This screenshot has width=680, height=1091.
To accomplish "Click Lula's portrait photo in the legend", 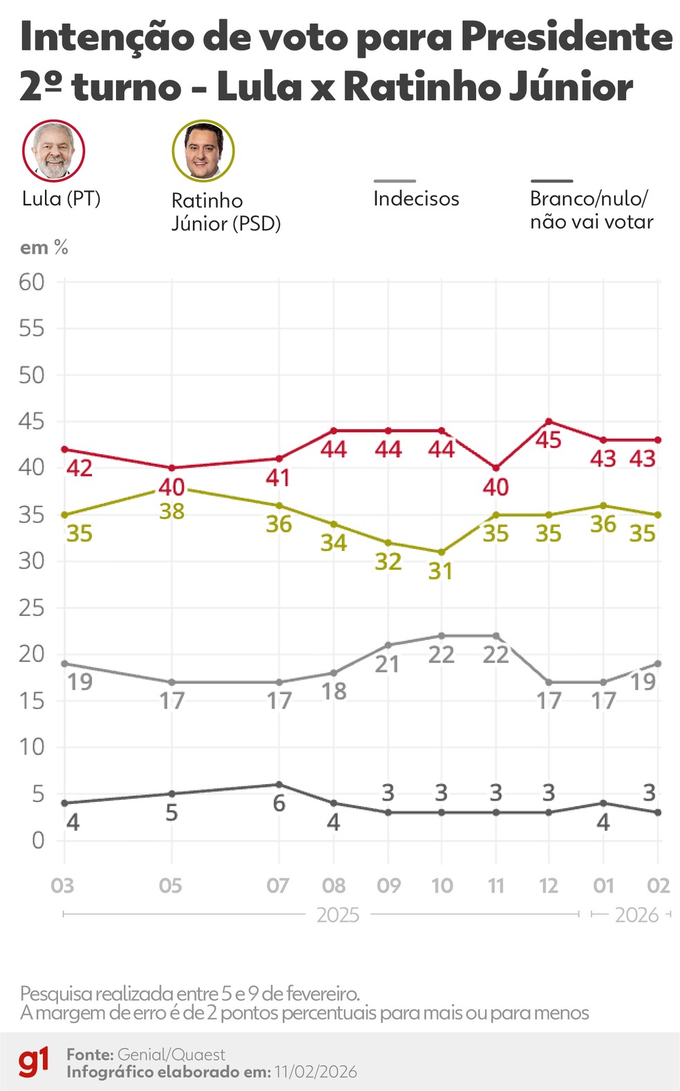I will coord(53,151).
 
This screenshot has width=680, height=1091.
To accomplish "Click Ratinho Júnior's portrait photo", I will coord(203,151).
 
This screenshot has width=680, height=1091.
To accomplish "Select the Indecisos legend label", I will coord(416,198).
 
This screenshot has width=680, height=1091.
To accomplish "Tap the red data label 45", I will coord(549,440).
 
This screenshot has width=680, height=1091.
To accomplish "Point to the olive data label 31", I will coord(440,571).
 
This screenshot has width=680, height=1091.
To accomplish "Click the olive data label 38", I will coord(171,512).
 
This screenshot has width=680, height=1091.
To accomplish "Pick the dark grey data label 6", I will coord(278,803).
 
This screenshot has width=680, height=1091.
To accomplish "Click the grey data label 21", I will coord(387,664).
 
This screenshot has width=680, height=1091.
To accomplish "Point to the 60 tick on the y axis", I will coord(32,281).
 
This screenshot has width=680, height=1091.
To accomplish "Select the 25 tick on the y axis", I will coord(32,608).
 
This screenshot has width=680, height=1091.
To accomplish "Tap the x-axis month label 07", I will coord(278,886).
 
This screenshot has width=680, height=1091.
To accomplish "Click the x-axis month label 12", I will coord(549,886).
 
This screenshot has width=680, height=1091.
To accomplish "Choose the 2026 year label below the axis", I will coord(636,915).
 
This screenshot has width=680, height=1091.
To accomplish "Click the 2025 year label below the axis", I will coord(338,915).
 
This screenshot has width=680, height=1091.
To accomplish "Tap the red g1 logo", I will coord(34,1062).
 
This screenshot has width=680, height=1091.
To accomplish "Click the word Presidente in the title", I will coord(567,37).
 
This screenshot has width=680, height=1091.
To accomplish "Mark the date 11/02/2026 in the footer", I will coord(316,1072).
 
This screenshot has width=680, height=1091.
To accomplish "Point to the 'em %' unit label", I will coord(44,248).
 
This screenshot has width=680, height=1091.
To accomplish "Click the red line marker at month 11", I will coord(495,468).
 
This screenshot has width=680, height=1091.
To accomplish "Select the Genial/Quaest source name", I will coord(171,1054).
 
